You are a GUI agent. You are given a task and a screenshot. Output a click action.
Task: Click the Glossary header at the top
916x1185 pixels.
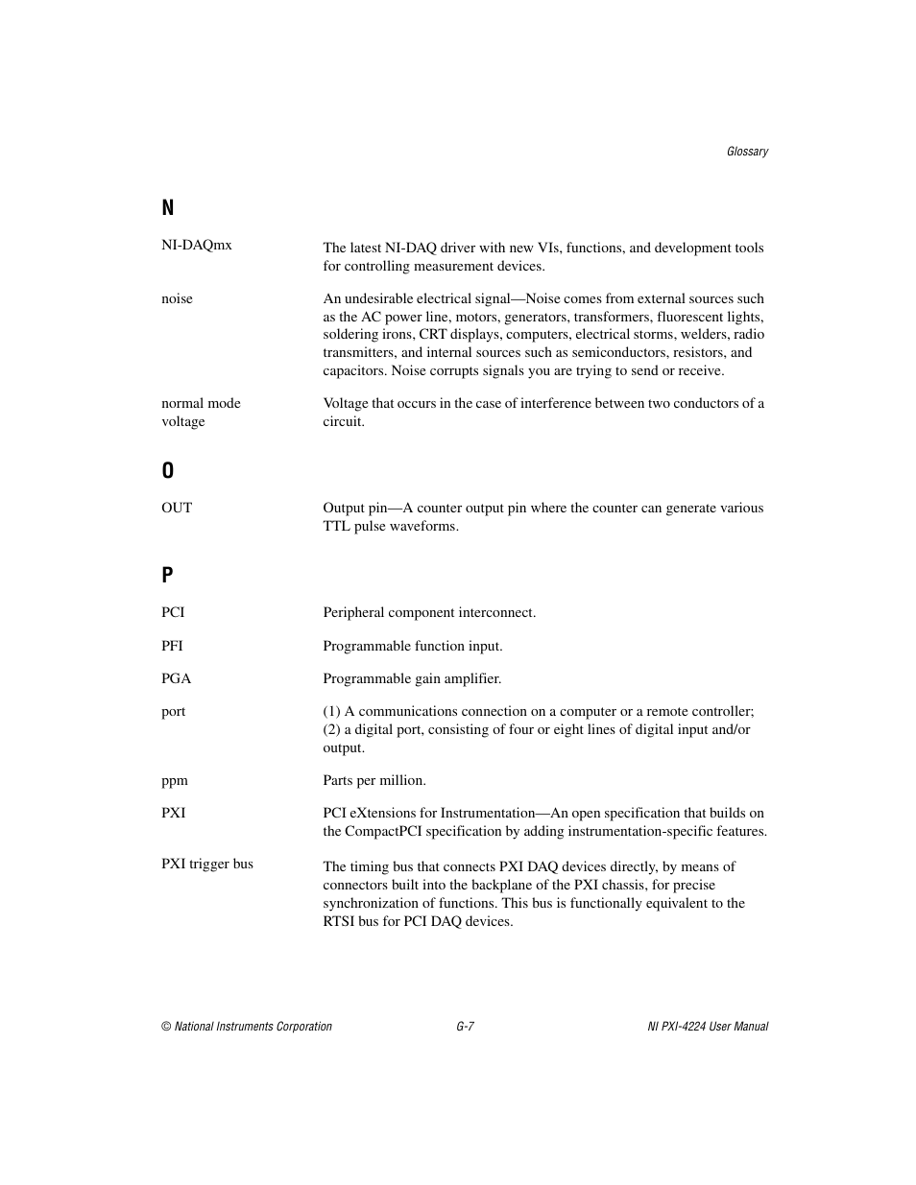click(x=747, y=152)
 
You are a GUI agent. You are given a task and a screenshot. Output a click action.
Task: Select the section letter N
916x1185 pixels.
click(x=168, y=208)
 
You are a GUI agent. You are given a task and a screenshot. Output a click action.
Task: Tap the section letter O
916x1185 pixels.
click(x=168, y=470)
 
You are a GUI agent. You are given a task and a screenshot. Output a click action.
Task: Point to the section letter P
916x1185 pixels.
click(x=168, y=575)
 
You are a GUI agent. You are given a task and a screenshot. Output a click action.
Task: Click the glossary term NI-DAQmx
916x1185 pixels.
click(x=197, y=245)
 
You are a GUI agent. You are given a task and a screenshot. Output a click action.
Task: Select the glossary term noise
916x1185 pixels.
click(x=177, y=298)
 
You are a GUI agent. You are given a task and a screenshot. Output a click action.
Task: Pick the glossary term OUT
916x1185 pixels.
click(x=177, y=508)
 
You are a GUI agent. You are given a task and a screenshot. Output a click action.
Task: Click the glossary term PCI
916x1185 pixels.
click(x=173, y=612)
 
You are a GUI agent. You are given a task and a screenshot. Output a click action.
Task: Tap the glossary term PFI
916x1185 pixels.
click(x=172, y=646)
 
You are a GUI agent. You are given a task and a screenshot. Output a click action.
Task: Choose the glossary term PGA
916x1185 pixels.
click(x=177, y=678)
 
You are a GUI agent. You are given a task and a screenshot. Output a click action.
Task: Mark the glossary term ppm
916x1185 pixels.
click(x=175, y=780)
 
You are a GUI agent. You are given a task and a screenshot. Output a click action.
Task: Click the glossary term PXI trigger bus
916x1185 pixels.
click(x=207, y=864)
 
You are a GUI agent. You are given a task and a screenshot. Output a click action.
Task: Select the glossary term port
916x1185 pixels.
click(x=174, y=711)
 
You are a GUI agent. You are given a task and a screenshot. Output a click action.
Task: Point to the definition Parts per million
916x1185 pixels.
click(x=374, y=780)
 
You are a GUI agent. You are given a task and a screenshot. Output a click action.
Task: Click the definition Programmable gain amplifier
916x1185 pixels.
click(x=412, y=678)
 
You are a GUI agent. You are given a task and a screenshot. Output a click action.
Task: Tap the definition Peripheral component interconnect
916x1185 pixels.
click(x=429, y=612)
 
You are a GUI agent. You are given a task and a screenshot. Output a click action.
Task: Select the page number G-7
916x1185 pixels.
click(x=466, y=1027)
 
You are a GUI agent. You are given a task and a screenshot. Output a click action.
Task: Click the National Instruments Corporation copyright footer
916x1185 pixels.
click(x=247, y=1027)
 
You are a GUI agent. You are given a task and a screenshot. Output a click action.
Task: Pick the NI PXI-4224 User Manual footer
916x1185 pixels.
click(x=708, y=1027)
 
